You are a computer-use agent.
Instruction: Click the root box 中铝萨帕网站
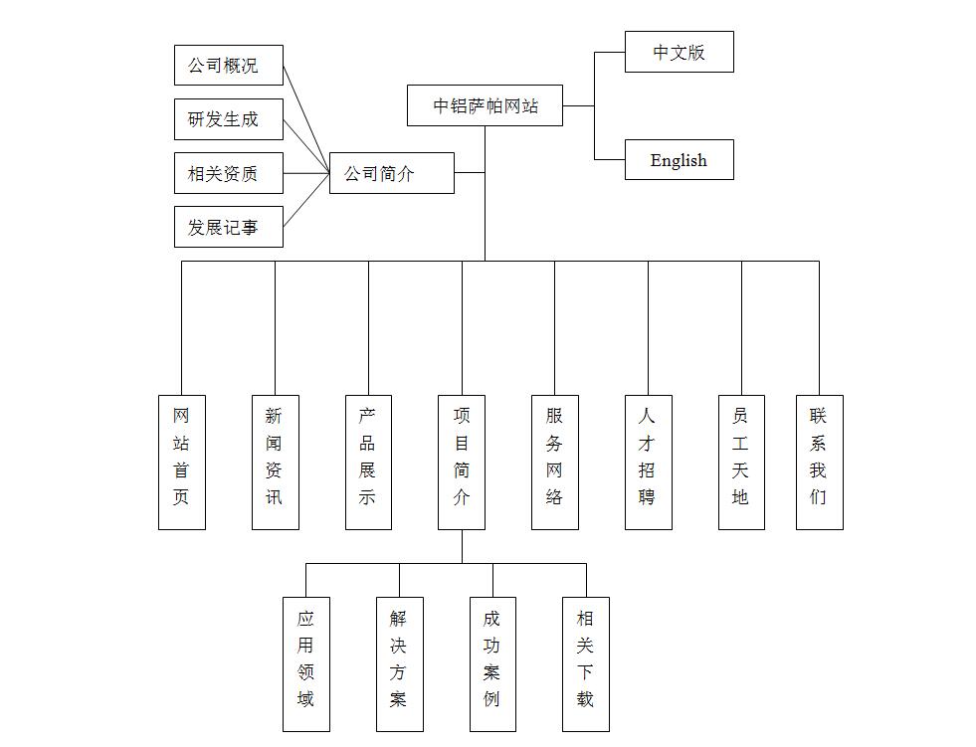(485, 105)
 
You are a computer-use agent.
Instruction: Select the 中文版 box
(679, 52)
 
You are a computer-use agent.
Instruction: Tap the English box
(679, 160)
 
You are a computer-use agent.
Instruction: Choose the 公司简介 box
(391, 173)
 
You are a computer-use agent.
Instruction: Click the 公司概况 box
(228, 66)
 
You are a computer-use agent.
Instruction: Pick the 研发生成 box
(228, 119)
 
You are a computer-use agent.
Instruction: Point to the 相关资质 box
(228, 173)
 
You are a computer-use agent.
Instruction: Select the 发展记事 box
(228, 227)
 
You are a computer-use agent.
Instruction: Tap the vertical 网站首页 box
(181, 462)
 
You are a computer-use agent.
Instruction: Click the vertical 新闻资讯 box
(275, 462)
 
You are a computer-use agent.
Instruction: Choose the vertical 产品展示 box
(368, 462)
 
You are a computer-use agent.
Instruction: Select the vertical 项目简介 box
(462, 462)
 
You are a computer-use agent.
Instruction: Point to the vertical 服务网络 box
(554, 462)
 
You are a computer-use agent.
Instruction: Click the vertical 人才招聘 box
(648, 462)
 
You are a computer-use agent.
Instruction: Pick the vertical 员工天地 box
(741, 462)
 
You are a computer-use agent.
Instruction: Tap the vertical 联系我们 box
(819, 462)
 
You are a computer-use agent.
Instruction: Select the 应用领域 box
(305, 663)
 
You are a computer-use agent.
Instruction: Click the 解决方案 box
(399, 663)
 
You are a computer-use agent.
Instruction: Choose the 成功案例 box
(492, 663)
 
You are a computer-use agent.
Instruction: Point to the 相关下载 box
(585, 663)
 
